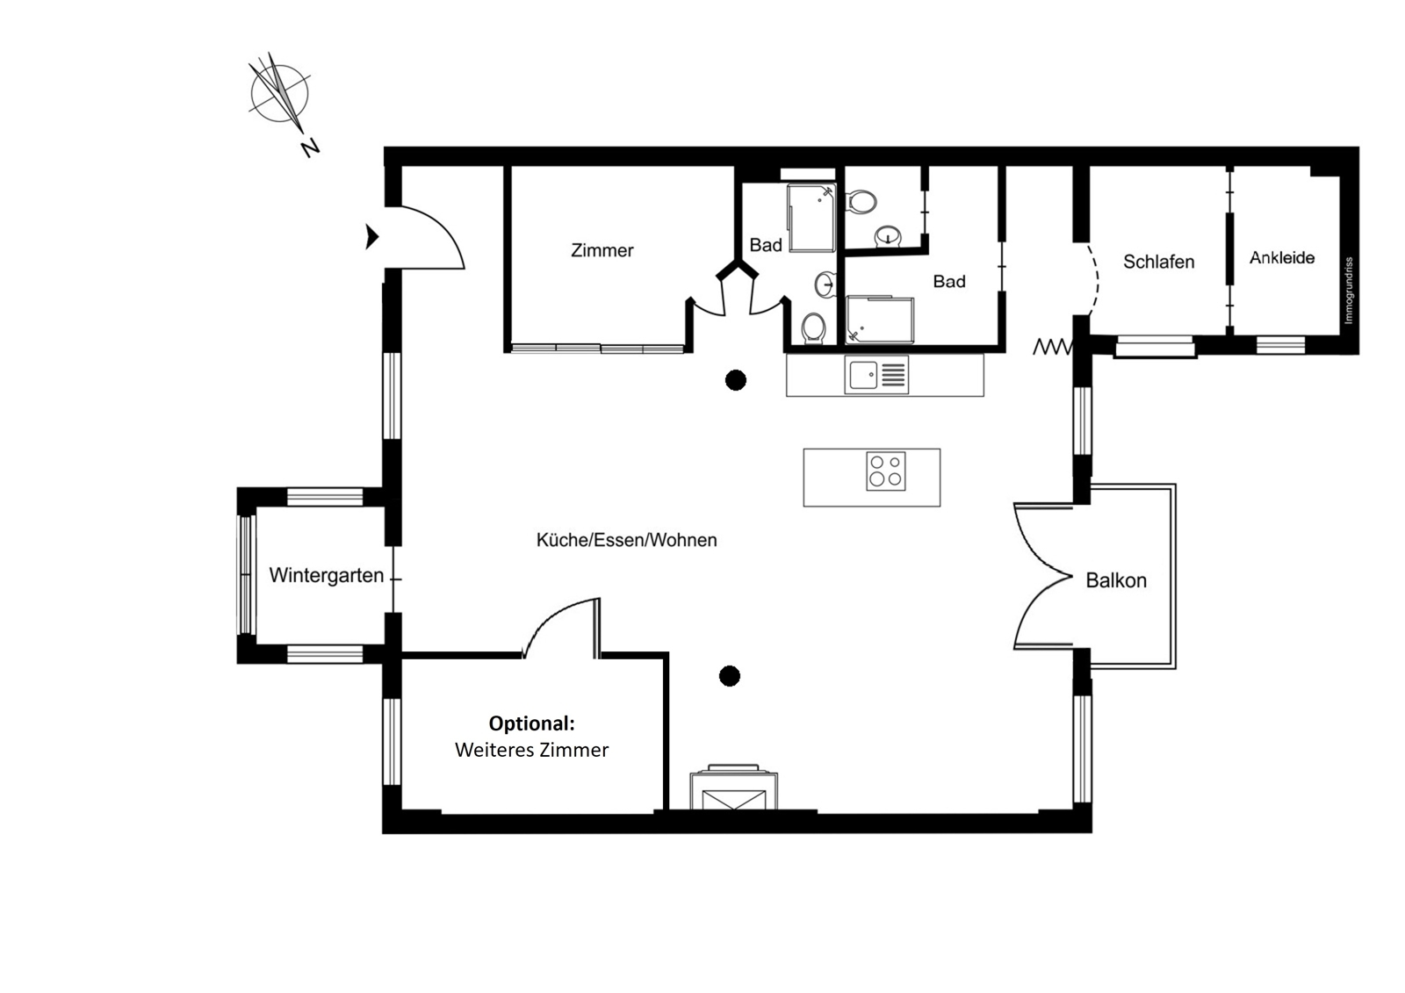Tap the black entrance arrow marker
(372, 237)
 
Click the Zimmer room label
(602, 250)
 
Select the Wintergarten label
(326, 575)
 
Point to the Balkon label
(1116, 580)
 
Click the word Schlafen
(1158, 262)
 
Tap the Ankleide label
(1282, 257)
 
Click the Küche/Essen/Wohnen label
(627, 540)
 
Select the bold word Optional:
(532, 723)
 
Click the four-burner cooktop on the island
(886, 471)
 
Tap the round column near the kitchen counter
(736, 380)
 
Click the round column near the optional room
(730, 676)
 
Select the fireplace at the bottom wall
(734, 788)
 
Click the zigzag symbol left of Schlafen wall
(1053, 346)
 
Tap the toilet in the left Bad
(813, 327)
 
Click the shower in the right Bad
(880, 320)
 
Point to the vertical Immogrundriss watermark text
(1349, 291)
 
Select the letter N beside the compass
(311, 148)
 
